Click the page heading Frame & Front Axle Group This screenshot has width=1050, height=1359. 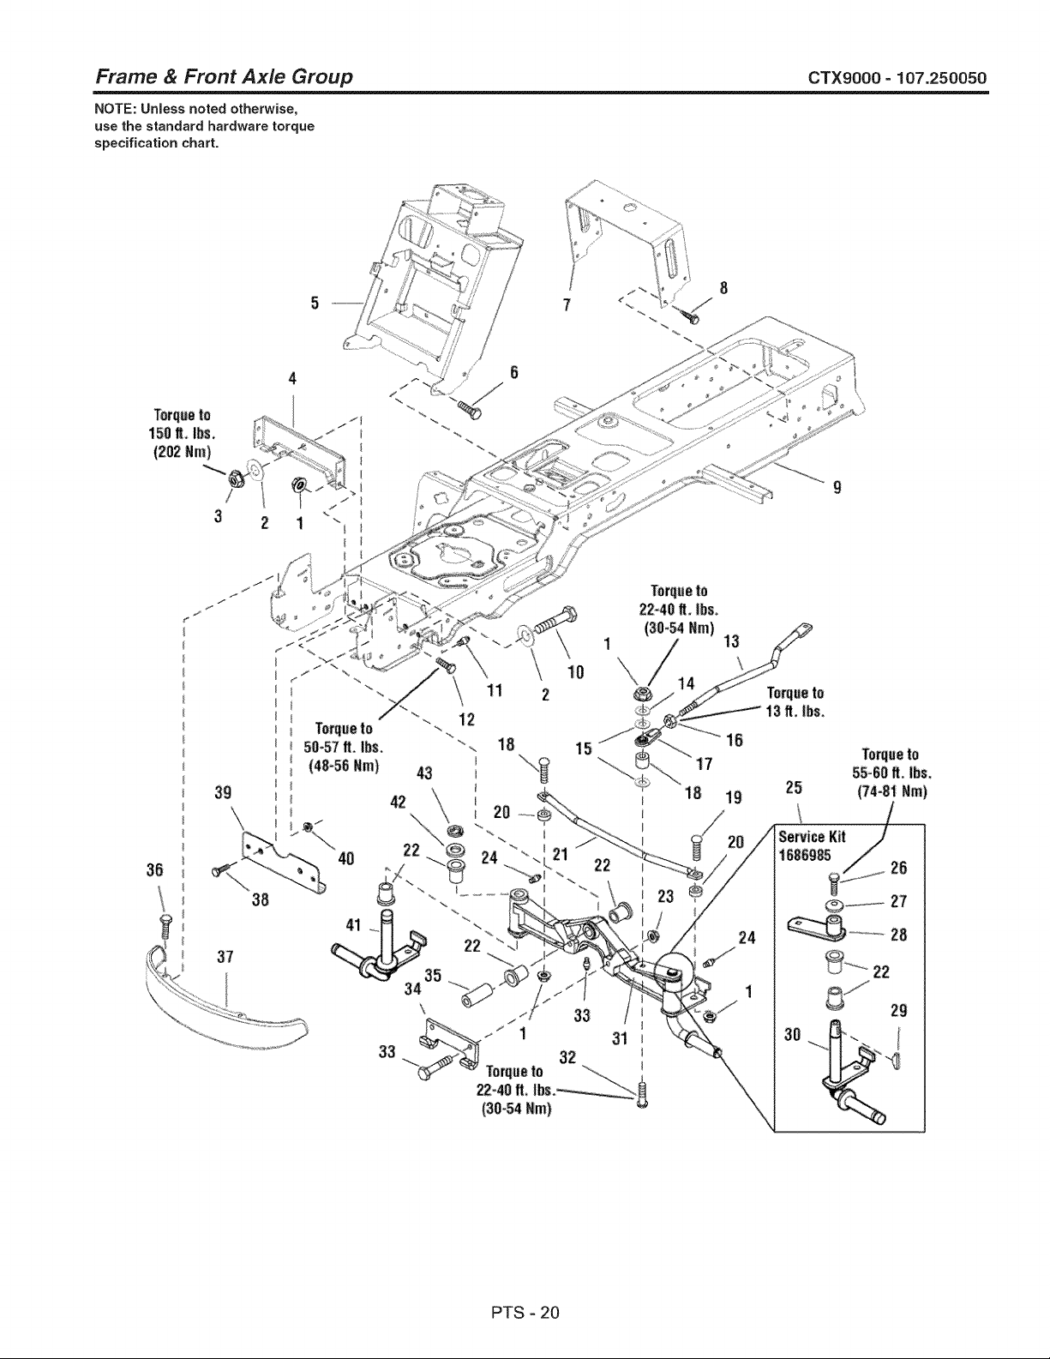(224, 77)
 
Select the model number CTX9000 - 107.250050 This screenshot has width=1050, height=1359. (897, 78)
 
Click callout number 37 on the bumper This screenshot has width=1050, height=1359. (225, 957)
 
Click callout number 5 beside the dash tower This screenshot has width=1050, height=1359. (315, 304)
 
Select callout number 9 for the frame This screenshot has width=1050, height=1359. (837, 487)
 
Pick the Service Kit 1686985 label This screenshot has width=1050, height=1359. (812, 845)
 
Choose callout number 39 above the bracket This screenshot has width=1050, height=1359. (223, 793)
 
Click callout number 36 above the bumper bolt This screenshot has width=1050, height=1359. (155, 869)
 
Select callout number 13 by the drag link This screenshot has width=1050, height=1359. (730, 641)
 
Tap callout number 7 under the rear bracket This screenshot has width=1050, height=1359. (567, 304)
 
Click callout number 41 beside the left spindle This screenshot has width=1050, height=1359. (354, 924)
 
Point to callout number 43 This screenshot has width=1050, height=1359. (424, 773)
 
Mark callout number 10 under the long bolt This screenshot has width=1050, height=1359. (576, 673)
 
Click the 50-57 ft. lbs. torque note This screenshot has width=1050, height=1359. (344, 748)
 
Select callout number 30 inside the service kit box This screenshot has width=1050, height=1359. (793, 1035)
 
